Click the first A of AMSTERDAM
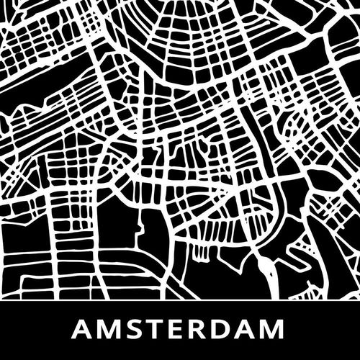click(84, 330)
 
